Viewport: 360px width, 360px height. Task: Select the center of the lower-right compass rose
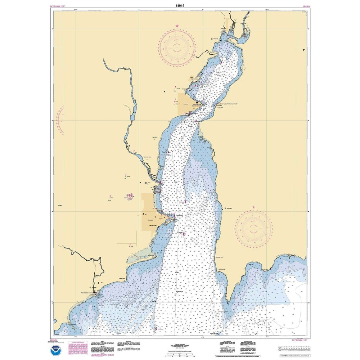coord(253,229)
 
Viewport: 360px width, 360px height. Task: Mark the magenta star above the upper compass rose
coord(177,26)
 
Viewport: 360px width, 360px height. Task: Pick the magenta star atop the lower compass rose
coord(253,208)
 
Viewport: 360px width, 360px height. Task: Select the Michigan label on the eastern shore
coord(229,208)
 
